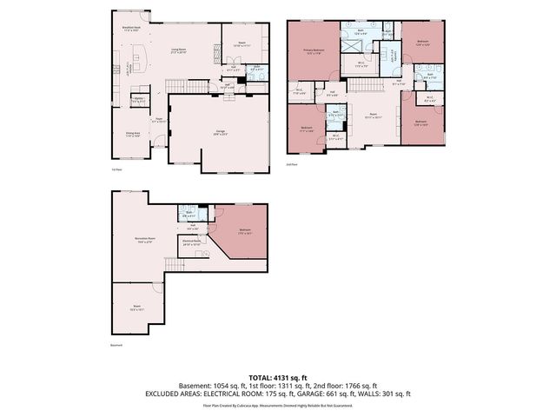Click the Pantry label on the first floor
coord(136,99)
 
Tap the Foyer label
coord(159,121)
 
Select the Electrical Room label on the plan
coord(192,243)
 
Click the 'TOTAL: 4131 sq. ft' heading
coord(277,378)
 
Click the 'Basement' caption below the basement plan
coord(116,346)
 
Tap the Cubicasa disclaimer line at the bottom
coord(277,405)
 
